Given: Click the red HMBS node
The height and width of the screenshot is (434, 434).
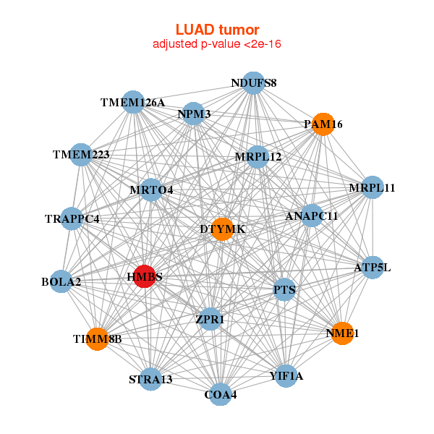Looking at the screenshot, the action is coord(145,276).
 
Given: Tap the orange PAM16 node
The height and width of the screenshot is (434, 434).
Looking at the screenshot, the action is coord(323,124).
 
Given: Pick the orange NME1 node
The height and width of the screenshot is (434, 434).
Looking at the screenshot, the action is coord(341,333).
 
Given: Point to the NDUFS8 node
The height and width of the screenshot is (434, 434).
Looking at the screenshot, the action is coord(252,82).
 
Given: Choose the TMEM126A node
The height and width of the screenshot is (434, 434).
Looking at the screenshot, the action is coord(133,102).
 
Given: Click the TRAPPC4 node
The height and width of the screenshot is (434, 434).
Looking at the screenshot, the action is coord(72,218).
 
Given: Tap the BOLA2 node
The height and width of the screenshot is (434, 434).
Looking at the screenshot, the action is coord(61,281).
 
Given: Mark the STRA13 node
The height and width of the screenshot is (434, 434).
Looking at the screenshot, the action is coord(150,379).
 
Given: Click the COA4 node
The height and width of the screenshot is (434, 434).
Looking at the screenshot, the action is coord(220,394).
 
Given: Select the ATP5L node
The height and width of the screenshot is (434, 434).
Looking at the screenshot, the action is coord(372,268).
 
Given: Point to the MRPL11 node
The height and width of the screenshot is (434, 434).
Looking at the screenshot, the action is coord(372,188).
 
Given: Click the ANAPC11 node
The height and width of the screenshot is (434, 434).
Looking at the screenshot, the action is coord(312,216).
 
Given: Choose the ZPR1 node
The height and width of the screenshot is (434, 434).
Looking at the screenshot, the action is coord(210,319).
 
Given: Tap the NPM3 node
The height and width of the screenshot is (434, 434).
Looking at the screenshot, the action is coord(194,114).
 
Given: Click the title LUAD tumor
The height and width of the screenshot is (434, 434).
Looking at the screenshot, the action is coord(217,30).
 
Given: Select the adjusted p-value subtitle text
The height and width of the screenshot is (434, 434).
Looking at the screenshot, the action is coord(217,44).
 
